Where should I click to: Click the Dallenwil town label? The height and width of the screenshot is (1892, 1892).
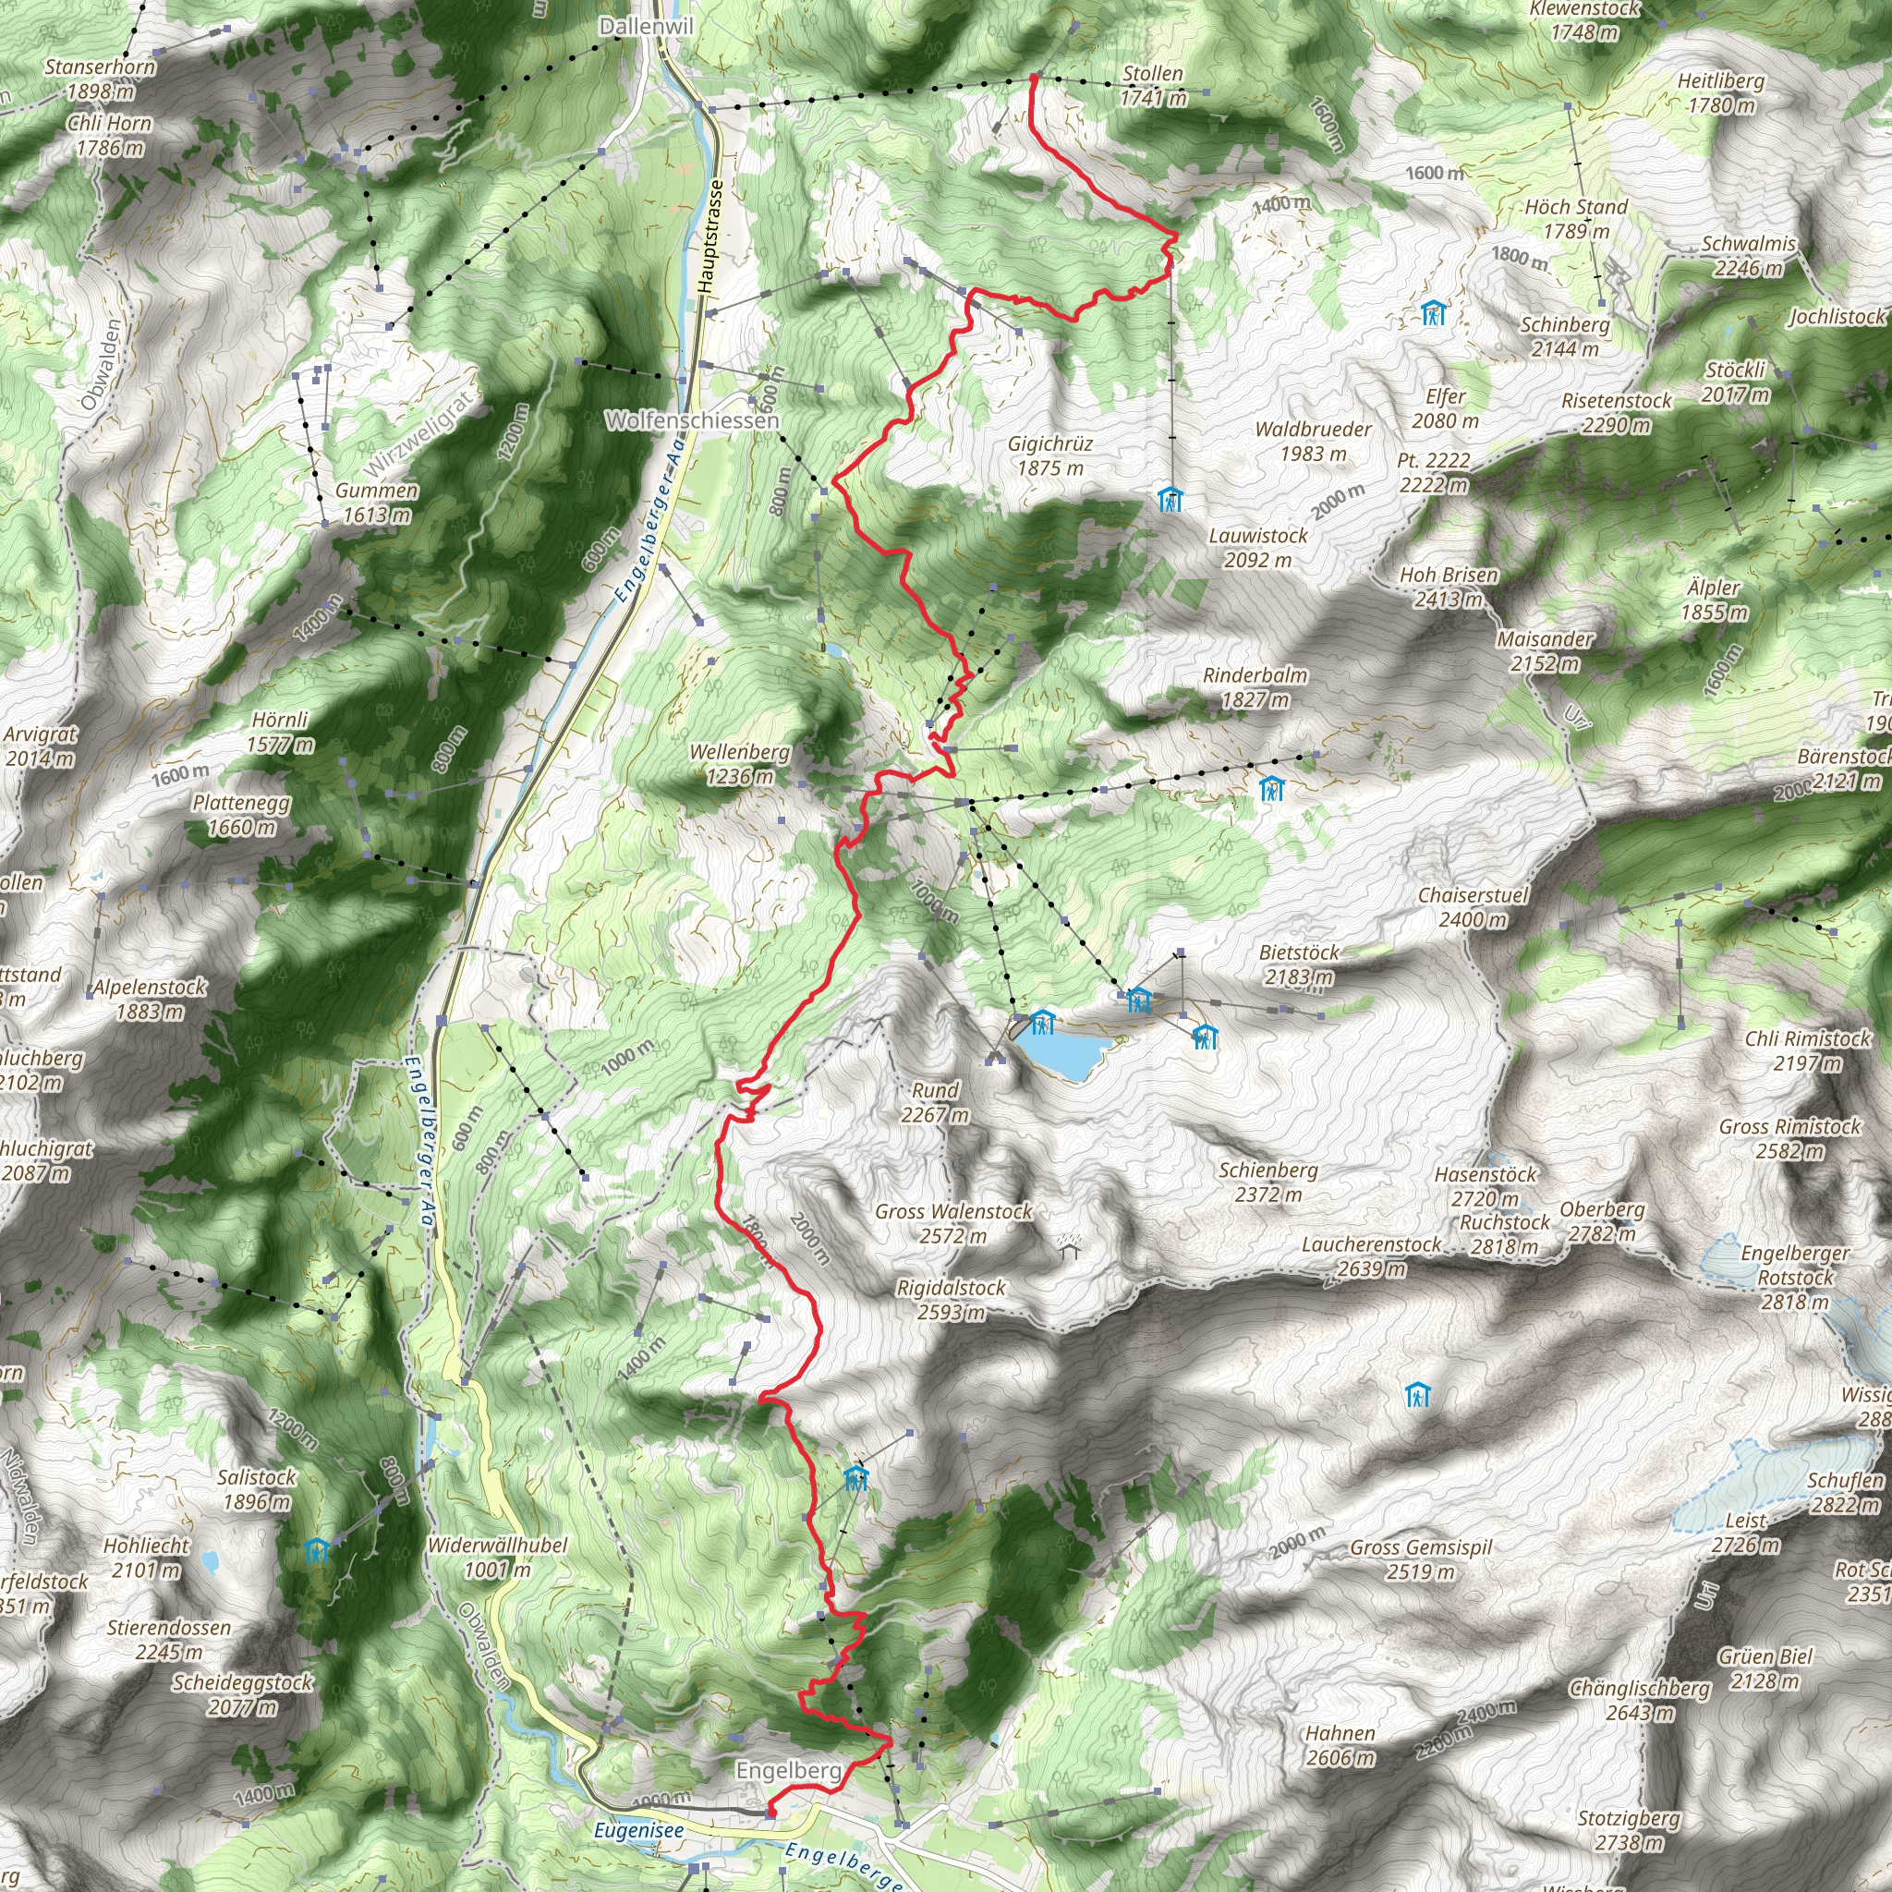coord(646,27)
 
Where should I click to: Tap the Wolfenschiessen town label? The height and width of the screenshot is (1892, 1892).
coord(692,420)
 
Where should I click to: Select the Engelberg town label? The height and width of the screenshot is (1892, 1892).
coord(788,1771)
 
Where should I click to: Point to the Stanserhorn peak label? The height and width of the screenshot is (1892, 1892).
coord(100,79)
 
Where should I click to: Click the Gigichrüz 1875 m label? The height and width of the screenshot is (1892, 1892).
coord(1050,456)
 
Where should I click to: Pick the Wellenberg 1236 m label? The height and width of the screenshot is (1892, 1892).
coord(739,764)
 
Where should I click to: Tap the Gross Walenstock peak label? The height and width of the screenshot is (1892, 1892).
coord(952,1223)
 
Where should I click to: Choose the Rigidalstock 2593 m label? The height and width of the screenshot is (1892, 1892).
coord(951,1300)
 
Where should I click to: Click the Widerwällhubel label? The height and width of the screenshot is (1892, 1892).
coord(498,1557)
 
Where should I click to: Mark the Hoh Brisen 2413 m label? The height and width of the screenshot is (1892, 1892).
coord(1449,587)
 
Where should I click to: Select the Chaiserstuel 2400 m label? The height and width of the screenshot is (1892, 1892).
coord(1473,907)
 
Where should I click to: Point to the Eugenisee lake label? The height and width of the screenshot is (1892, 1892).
coord(638,1829)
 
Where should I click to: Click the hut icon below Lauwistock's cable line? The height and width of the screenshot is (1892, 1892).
coord(1170,501)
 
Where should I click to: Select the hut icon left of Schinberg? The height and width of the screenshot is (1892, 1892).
coord(1434,313)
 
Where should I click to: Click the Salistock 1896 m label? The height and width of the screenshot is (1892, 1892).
coord(257,1488)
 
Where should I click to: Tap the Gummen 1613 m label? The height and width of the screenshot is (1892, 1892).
coord(377,503)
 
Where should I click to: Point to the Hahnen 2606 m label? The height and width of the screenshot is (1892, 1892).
coord(1340,1745)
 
